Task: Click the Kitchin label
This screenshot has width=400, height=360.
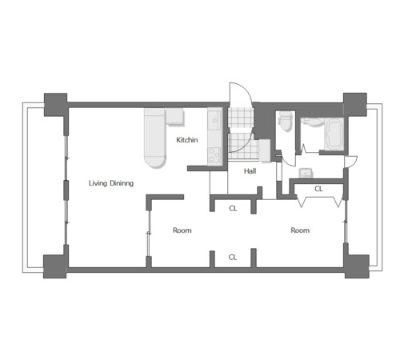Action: click(187, 140)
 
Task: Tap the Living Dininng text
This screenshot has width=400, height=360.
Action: click(111, 183)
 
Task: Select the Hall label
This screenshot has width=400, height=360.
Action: click(250, 171)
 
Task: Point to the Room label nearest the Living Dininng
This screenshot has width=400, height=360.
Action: click(182, 230)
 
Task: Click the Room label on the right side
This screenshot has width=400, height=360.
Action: click(300, 230)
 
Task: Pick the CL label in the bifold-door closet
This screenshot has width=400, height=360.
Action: click(318, 189)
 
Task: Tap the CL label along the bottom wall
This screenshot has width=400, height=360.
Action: click(233, 257)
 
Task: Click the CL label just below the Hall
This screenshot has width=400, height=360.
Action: click(233, 208)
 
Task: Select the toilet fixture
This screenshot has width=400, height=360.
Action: click(285, 122)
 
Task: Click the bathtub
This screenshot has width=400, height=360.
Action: click(334, 134)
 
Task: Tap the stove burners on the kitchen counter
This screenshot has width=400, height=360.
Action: click(214, 155)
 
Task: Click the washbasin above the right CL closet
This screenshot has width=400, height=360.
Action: click(306, 173)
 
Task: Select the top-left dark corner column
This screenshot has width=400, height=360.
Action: click(55, 105)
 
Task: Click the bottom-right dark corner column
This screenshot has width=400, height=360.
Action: click(357, 266)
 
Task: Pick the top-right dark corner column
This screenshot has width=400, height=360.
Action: click(355, 105)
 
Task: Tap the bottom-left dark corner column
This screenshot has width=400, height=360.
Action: click(54, 266)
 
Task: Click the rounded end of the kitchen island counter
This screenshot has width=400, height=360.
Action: click(155, 161)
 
